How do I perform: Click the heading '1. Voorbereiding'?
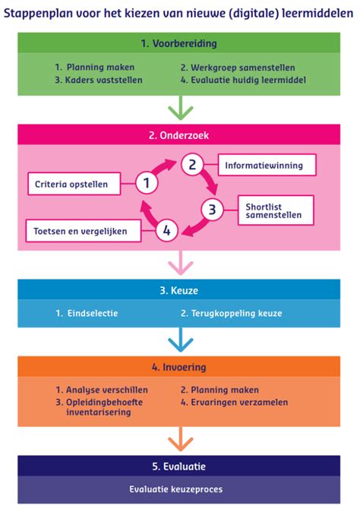(x=178, y=43)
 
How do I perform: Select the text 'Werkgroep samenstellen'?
(x=232, y=67)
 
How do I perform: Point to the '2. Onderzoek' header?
(x=178, y=134)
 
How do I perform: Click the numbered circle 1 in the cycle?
(x=147, y=182)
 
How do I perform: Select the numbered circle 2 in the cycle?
(x=193, y=163)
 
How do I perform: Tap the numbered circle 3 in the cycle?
(x=213, y=208)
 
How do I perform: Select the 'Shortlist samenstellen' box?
(x=275, y=210)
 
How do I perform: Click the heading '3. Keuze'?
(x=178, y=290)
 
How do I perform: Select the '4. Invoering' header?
(x=178, y=366)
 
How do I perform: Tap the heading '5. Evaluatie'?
(x=178, y=466)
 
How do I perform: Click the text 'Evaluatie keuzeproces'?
(x=178, y=489)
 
